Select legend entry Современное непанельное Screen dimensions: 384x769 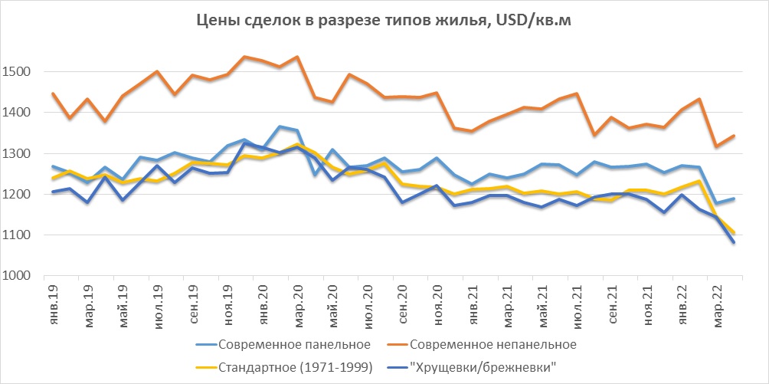click(493, 342)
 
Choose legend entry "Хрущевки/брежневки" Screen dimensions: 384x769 click(483, 367)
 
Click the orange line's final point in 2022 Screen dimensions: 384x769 click(734, 136)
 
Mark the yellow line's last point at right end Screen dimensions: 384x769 click(734, 233)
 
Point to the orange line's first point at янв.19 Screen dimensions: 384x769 click(52, 94)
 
